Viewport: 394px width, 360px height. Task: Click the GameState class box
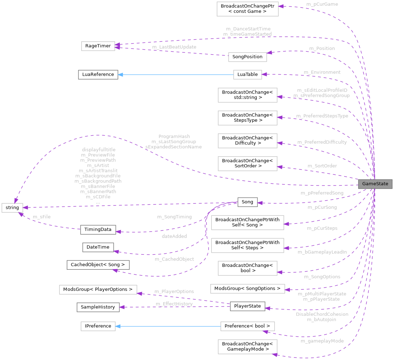tap(375, 184)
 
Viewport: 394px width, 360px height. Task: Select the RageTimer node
tap(98, 46)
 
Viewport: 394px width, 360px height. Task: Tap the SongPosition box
tap(247, 57)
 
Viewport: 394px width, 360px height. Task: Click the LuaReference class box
tap(98, 75)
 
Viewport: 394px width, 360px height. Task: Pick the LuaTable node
tap(247, 75)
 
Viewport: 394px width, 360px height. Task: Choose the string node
tap(12, 207)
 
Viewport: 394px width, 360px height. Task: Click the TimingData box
tap(98, 229)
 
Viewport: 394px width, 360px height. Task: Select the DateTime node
tap(98, 247)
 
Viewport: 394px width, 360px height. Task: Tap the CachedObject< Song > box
tap(98, 265)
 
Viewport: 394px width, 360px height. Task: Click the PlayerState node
tap(247, 306)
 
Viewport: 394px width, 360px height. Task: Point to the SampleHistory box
tap(98, 307)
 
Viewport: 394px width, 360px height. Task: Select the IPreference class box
tap(98, 326)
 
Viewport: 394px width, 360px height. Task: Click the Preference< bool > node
tap(247, 326)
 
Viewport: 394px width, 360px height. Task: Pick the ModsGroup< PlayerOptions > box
tap(98, 289)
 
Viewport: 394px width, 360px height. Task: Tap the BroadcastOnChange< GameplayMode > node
tap(247, 346)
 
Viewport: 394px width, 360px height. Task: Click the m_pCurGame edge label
tap(322, 4)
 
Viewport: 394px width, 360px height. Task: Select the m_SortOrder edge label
tap(322, 166)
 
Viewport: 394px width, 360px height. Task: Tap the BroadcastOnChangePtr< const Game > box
tap(247, 9)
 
